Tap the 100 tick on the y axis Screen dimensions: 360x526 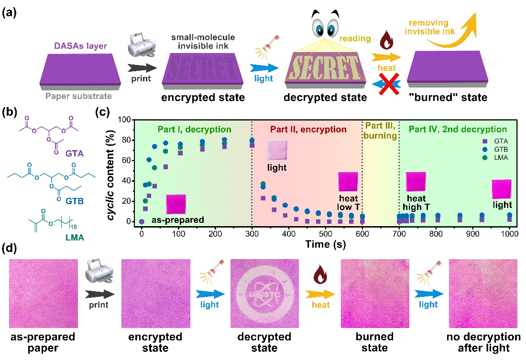(x=125, y=120)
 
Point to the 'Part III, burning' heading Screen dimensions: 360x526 (x=381, y=130)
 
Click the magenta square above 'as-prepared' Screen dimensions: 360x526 (x=175, y=204)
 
